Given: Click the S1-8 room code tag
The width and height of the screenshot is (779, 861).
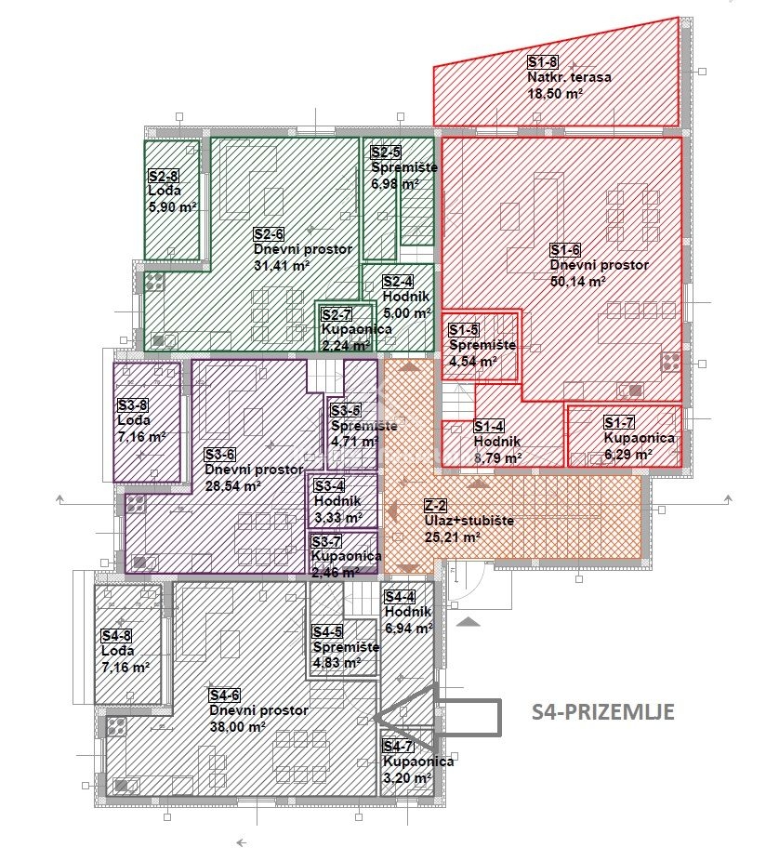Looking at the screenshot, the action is pos(542,61).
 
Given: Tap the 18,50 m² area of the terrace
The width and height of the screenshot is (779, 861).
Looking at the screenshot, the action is pos(555,93).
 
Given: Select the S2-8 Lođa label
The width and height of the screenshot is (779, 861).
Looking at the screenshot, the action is pos(165,191).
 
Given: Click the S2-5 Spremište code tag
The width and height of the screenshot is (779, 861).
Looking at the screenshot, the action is pos(386,152).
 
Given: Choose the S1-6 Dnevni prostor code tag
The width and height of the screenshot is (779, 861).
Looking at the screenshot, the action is pos(565,250).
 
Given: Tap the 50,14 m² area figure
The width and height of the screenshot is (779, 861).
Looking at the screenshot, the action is pos(578,281).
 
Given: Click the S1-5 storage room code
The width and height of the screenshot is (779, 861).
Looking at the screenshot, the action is pos(463,329).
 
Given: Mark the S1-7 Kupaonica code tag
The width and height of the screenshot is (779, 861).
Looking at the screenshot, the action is pos(619,422).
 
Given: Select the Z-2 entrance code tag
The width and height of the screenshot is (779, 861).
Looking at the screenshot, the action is pos(436,505).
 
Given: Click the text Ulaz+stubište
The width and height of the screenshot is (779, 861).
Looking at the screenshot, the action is pos(469,521).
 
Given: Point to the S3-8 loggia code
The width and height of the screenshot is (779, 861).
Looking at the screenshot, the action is pos(132,405).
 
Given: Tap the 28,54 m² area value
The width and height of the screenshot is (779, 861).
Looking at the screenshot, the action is pos(232,486).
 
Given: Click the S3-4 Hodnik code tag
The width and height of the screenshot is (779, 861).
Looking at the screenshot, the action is pos(329,485).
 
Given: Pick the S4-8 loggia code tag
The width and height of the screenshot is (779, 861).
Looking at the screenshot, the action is pos(116,636).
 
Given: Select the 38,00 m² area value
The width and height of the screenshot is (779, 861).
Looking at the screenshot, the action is pos(238,726).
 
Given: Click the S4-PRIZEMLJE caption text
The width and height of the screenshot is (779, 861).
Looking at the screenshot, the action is pos(603,711).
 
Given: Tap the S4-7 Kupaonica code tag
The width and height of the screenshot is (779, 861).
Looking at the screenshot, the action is pos(398,747).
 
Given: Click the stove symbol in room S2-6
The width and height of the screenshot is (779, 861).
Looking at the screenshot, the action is pos(155,281).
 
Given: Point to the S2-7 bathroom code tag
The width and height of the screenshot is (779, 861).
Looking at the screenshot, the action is pos(337,314).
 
